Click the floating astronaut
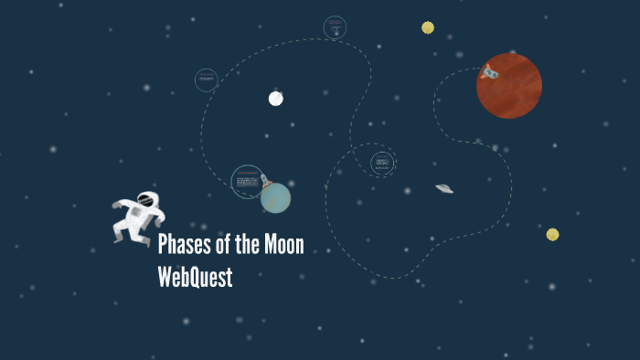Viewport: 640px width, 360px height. pyautogui.click(x=138, y=217)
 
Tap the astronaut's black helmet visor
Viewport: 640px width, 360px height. pyautogui.click(x=145, y=199)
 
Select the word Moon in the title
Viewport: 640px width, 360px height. pyautogui.click(x=283, y=245)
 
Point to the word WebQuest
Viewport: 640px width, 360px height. pyautogui.click(x=195, y=276)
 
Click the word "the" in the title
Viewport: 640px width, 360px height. pyautogui.click(x=247, y=245)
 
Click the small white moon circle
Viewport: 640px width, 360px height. pyautogui.click(x=275, y=99)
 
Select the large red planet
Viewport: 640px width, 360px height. pyautogui.click(x=509, y=86)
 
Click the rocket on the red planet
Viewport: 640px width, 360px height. pyautogui.click(x=490, y=71)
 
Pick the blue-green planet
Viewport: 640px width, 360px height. pyautogui.click(x=275, y=197)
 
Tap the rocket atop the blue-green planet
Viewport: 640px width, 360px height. pyautogui.click(x=265, y=180)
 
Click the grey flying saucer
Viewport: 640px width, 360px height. pyautogui.click(x=444, y=188)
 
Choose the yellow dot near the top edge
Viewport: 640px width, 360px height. pyautogui.click(x=428, y=27)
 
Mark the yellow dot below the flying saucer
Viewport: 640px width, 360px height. pyautogui.click(x=552, y=235)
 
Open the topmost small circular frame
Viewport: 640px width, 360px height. pyautogui.click(x=335, y=27)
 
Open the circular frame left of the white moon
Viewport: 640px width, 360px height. pyautogui.click(x=207, y=80)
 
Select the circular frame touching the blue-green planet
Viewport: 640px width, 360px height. pyautogui.click(x=247, y=182)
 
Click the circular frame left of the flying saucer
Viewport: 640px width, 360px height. pyautogui.click(x=382, y=164)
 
